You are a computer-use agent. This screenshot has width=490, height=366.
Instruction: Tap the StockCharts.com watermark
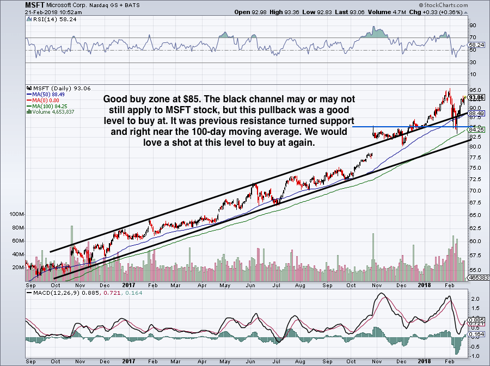(x=456, y=4)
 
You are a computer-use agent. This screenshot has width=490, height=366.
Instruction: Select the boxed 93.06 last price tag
(x=477, y=97)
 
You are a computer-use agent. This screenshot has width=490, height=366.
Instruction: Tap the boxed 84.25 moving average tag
(x=477, y=130)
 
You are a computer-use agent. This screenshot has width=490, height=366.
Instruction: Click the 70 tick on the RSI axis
(x=473, y=38)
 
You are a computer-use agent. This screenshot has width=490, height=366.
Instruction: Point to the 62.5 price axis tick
(x=475, y=228)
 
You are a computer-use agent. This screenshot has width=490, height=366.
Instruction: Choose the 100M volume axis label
(x=16, y=215)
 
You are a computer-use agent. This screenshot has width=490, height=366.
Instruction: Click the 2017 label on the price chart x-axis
(x=128, y=284)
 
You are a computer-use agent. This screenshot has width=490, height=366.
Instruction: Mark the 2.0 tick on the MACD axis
(x=474, y=299)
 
